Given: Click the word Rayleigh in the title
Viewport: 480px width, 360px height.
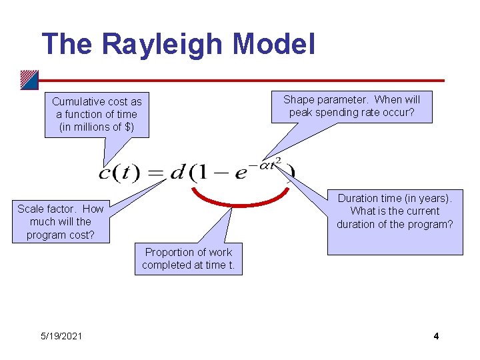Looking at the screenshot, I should point(163,44).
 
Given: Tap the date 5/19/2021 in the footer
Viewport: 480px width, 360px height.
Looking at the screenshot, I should point(61,336).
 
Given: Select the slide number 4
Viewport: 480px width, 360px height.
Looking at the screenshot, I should point(436,336).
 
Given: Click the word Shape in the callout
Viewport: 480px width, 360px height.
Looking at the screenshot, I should point(298,99).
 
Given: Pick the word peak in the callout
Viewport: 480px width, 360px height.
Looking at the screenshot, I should point(301,112).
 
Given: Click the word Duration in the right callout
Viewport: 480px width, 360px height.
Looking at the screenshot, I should point(359,198).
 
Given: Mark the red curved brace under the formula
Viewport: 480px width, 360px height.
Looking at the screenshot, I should point(240,200).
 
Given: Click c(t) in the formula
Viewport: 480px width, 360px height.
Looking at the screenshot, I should point(119,173).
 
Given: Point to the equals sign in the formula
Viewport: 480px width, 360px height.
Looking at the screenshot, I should point(155,173).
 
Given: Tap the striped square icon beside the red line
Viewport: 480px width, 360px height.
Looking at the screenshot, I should point(29,79).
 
